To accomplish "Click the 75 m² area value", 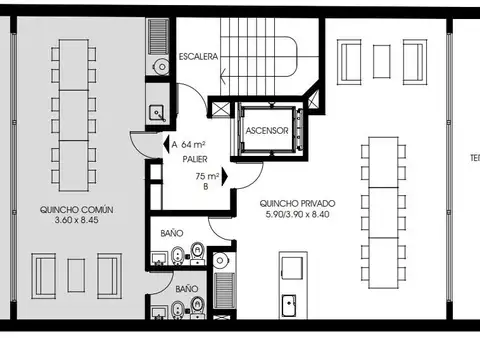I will [x=208, y=175].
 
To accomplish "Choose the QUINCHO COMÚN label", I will [x=77, y=210].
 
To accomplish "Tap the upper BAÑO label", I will [x=172, y=233].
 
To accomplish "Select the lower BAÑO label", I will [x=187, y=289].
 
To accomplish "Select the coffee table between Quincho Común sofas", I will [x=76, y=273].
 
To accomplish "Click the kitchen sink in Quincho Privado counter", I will [x=289, y=300].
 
